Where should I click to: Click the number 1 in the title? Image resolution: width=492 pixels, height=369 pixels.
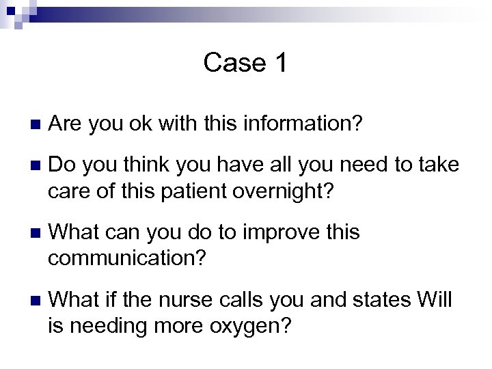pos(281,63)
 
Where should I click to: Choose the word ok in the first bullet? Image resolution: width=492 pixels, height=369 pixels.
pos(142,124)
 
